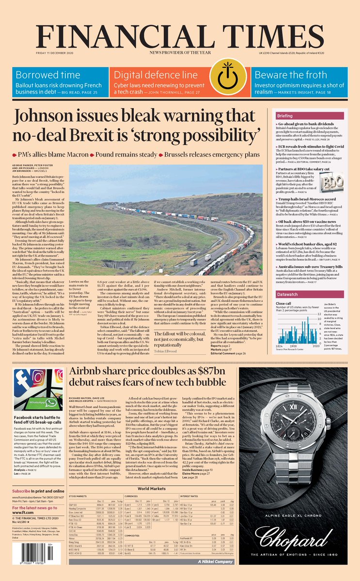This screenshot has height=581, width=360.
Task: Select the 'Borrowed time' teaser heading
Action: (47, 75)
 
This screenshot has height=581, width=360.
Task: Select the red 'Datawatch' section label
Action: (301, 294)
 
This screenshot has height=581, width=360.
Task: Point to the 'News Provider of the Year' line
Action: (180, 52)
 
